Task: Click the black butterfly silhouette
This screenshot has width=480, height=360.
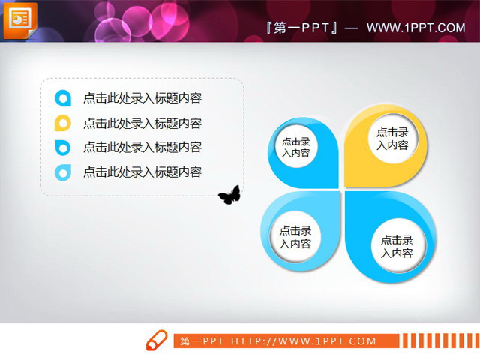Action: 229,196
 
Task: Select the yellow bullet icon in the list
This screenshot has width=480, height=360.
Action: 63,124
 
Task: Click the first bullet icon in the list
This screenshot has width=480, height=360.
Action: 63,98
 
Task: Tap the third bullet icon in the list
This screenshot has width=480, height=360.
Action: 63,148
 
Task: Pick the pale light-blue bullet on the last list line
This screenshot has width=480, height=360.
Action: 63,172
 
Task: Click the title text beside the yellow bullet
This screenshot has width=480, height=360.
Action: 142,124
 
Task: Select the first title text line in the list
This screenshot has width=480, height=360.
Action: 142,98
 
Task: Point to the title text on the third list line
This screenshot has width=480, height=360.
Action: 142,148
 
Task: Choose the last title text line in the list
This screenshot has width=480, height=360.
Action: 142,172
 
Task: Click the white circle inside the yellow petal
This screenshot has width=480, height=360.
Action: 392,139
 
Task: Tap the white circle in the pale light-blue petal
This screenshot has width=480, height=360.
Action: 295,237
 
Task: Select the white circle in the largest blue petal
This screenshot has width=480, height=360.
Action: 397,246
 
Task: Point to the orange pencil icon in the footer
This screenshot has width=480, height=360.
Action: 157,340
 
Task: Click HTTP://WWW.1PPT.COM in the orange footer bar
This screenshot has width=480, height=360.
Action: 304,341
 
